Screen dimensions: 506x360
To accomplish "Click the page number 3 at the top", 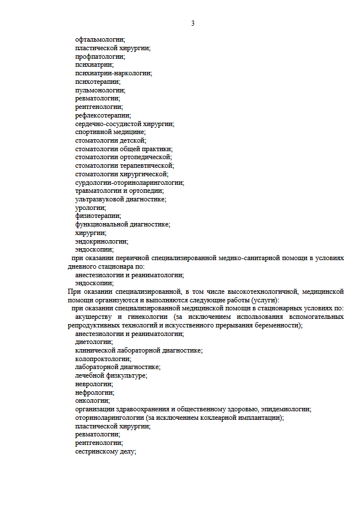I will (x=193, y=23).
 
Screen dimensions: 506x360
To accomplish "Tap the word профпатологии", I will (x=100, y=56).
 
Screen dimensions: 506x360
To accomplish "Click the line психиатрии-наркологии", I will (x=114, y=73).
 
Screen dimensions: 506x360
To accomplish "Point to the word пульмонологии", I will (x=100, y=90).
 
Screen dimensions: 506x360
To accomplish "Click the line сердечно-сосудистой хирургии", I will (x=124, y=124).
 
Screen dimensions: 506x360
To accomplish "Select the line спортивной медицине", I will (x=110, y=132).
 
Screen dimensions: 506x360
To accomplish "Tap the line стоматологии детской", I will (x=110, y=140).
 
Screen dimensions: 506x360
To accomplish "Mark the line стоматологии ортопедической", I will (x=123, y=157).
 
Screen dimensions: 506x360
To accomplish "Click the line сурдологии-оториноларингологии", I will (x=129, y=183).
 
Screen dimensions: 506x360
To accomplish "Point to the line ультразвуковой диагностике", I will (x=120, y=199).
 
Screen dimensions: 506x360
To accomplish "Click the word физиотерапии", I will (x=98, y=216).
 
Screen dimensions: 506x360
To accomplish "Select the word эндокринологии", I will (x=101, y=241).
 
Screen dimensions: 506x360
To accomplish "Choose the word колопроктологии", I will (x=103, y=359).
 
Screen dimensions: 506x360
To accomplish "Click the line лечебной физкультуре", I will (x=111, y=375).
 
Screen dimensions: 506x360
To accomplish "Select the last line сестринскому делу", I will (x=106, y=451).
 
